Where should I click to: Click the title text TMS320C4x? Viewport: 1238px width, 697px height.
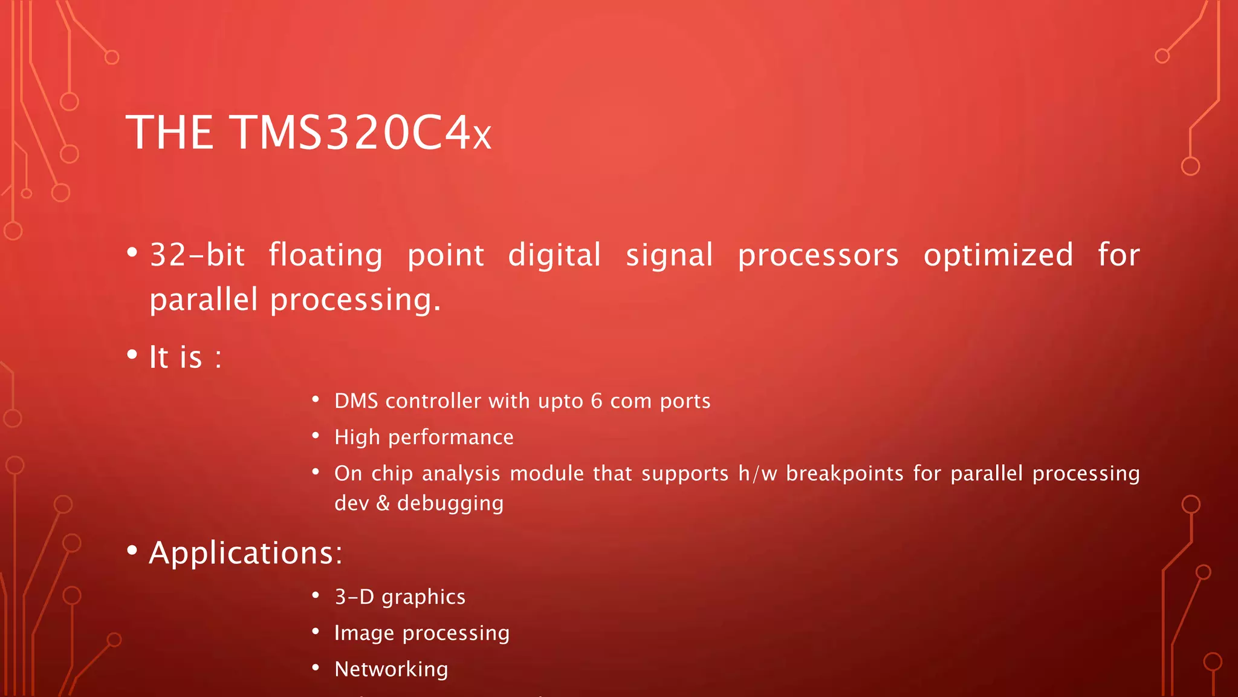pos(361,133)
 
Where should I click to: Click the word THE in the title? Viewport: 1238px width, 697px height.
pos(169,133)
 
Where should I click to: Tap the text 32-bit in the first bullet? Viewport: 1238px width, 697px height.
pos(197,255)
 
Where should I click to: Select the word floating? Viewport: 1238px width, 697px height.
pos(325,255)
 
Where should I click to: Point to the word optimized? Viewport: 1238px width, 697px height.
pos(998,255)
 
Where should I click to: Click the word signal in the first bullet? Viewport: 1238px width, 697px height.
pos(669,255)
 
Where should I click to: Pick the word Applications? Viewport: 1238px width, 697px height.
pos(245,553)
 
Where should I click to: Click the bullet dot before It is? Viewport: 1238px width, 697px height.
pos(132,355)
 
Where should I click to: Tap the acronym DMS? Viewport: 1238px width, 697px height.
pos(356,401)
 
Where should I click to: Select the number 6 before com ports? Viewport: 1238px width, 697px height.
pos(597,401)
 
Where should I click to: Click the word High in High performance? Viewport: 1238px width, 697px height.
pos(357,437)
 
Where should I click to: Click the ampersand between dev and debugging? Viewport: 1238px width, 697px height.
pos(383,503)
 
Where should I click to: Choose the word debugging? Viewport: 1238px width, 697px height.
pos(450,503)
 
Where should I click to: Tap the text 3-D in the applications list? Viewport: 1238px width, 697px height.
pos(355,597)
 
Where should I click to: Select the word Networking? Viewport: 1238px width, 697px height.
pos(391,669)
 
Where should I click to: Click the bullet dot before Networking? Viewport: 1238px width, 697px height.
pos(316,668)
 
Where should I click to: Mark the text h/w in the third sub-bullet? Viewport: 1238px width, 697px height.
pos(757,473)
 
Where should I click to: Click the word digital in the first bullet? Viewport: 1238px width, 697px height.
pos(554,255)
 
